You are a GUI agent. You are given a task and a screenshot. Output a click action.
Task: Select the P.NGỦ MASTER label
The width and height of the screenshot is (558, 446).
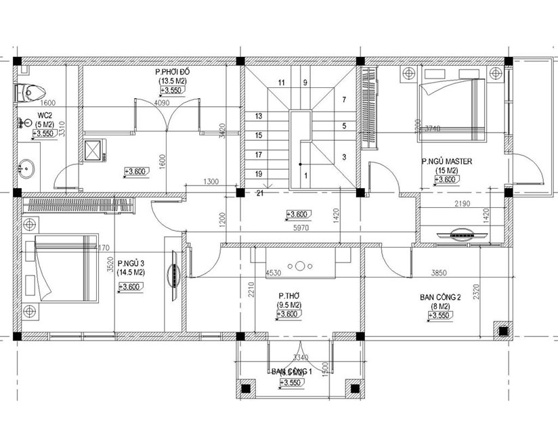(x=446, y=162)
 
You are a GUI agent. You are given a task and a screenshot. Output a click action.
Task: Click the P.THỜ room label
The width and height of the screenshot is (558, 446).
(x=290, y=296)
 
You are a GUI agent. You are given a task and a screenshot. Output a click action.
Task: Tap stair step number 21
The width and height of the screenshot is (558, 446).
(x=259, y=194)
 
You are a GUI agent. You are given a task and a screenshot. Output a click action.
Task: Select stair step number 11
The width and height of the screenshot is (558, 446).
(x=280, y=83)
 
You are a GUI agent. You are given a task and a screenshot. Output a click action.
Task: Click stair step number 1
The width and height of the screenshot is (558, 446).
(x=305, y=176)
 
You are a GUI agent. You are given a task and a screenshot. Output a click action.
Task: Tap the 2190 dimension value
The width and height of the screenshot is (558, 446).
(x=463, y=203)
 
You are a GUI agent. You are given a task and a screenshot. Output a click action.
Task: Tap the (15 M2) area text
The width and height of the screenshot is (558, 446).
(x=446, y=171)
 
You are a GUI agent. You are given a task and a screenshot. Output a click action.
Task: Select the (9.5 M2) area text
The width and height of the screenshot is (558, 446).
(x=290, y=305)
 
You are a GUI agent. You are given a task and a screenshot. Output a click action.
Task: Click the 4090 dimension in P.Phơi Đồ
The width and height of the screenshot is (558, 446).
(x=163, y=103)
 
